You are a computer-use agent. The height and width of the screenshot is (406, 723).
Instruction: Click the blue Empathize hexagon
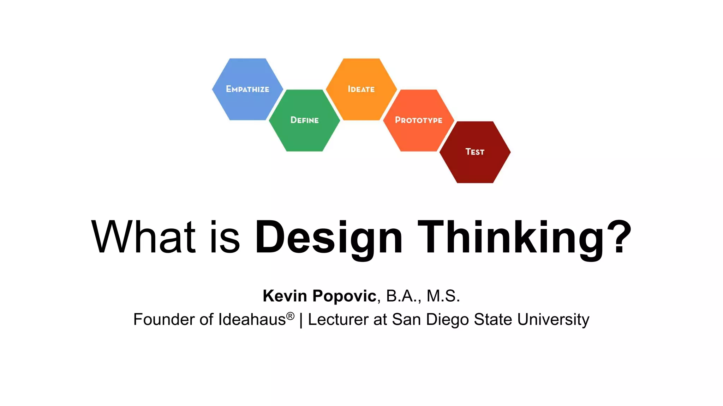pyautogui.click(x=247, y=89)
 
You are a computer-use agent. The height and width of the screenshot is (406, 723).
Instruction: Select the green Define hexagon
pyautogui.click(x=304, y=120)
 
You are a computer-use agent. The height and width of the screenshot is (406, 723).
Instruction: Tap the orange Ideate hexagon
pyautogui.click(x=361, y=89)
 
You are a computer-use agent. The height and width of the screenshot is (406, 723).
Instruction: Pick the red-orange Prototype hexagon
pyautogui.click(x=418, y=120)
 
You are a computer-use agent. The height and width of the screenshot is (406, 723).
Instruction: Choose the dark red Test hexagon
pyautogui.click(x=475, y=152)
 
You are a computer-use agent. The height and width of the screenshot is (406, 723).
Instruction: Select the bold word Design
pyautogui.click(x=328, y=237)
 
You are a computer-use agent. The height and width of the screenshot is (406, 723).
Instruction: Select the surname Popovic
pyautogui.click(x=344, y=296)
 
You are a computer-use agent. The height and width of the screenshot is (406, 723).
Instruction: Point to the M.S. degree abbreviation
pyautogui.click(x=443, y=296)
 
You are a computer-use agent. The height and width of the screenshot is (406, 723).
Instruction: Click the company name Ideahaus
pyautogui.click(x=252, y=320)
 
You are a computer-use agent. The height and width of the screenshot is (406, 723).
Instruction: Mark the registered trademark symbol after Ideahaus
pyautogui.click(x=290, y=316)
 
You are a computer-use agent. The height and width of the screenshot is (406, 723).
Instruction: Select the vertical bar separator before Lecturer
pyautogui.click(x=301, y=320)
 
